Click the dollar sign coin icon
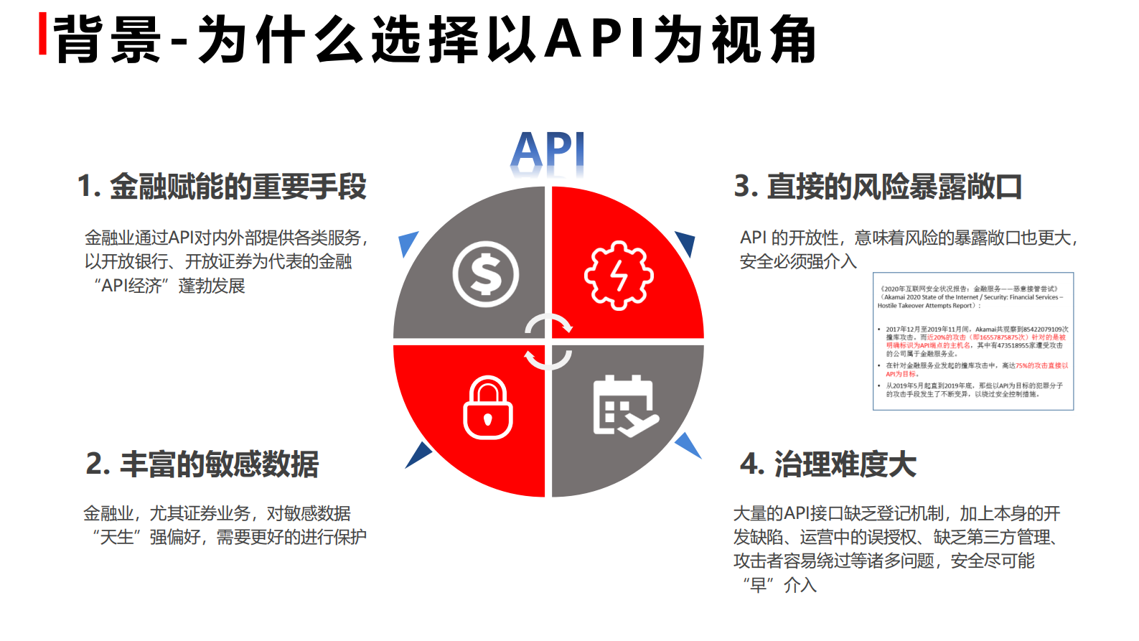[x=486, y=274]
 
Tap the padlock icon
[x=488, y=408]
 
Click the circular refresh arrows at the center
[x=548, y=342]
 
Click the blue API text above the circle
[x=548, y=152]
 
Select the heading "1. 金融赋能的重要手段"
[x=222, y=187]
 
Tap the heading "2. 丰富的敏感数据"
[x=202, y=464]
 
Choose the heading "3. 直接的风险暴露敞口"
[x=878, y=187]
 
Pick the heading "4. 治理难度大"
[x=828, y=464]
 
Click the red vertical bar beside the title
[x=43, y=34]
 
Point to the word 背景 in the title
[x=108, y=39]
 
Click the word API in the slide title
[x=596, y=39]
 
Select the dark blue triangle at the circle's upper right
[x=685, y=243]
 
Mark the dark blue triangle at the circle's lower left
[x=418, y=454]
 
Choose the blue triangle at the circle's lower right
[x=688, y=444]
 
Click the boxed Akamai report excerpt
[x=973, y=341]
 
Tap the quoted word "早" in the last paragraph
[x=758, y=585]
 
